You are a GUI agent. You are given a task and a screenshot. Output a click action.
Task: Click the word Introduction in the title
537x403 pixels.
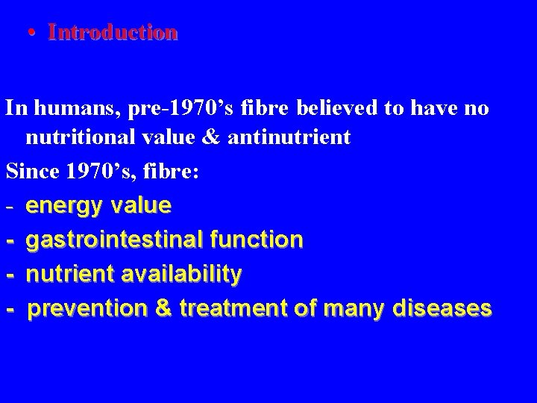click(x=113, y=32)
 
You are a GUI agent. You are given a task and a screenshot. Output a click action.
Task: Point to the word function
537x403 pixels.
click(x=257, y=240)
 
